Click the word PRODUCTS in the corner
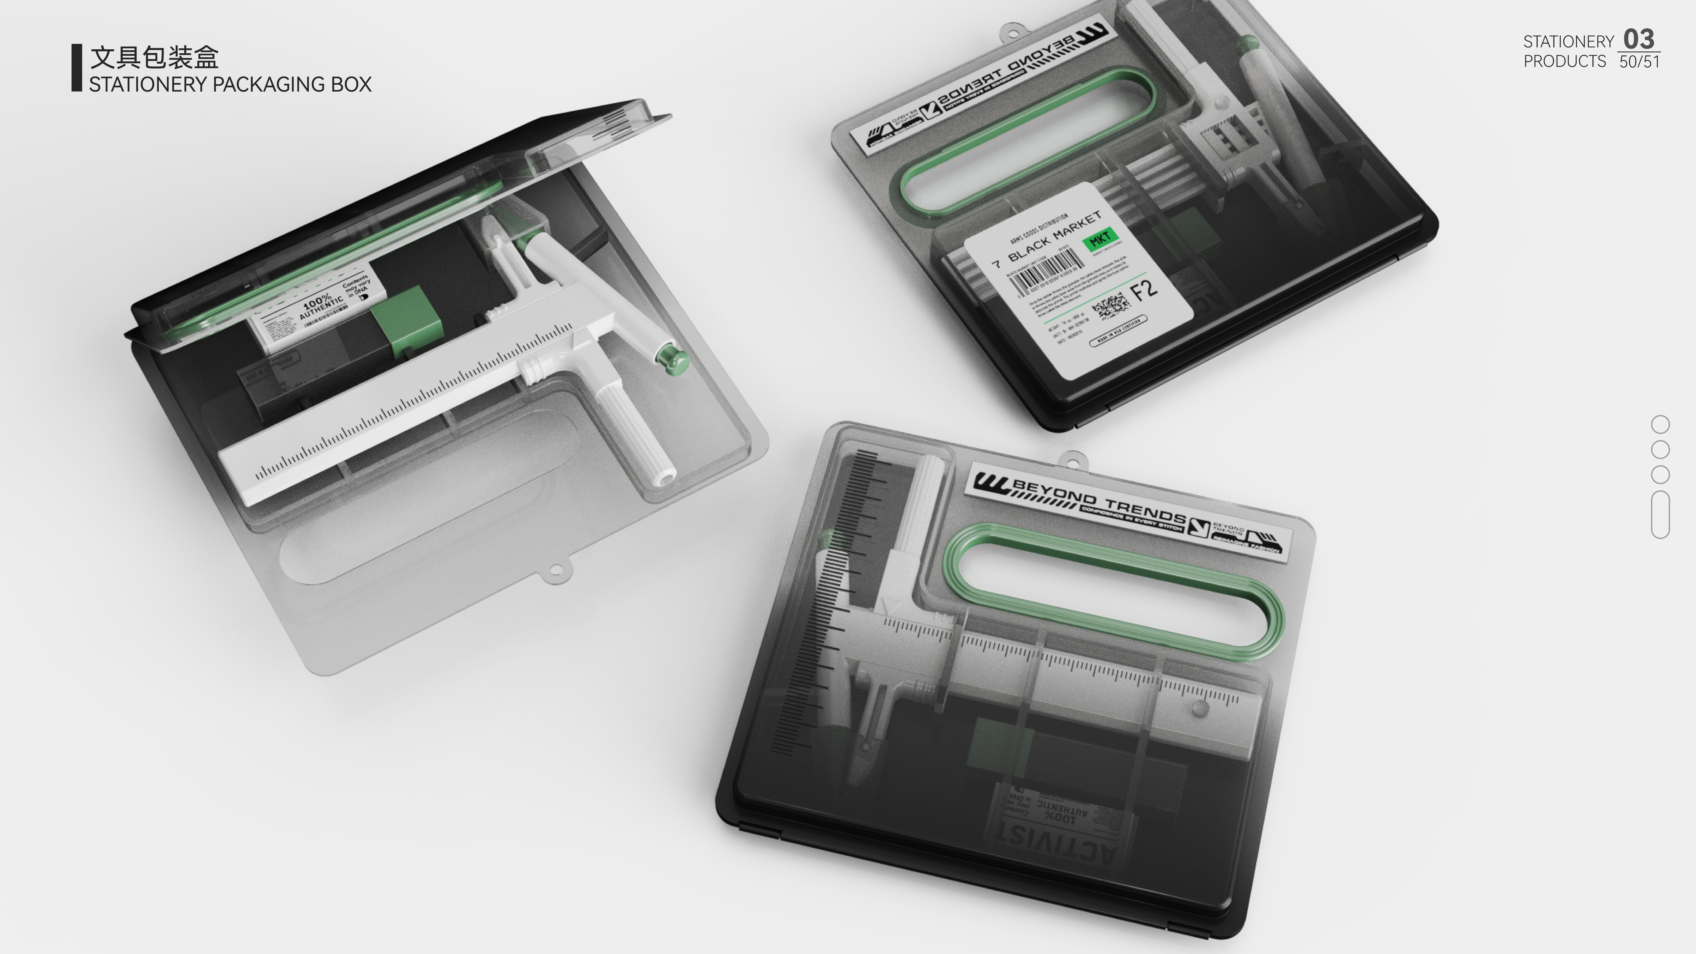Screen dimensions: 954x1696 click(x=1564, y=61)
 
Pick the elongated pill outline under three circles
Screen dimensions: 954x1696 click(x=1660, y=514)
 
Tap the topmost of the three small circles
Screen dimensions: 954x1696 click(x=1660, y=424)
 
